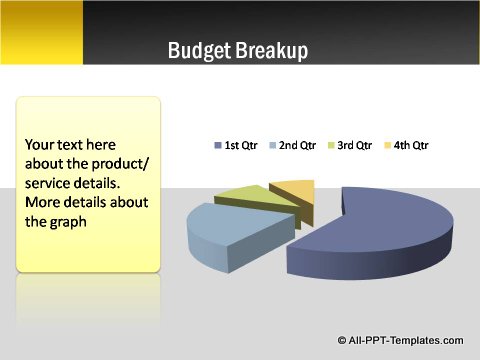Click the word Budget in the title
click(200, 51)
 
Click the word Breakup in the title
click(271, 51)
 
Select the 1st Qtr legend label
click(244, 146)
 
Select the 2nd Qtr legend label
click(297, 146)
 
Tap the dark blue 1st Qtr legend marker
click(218, 146)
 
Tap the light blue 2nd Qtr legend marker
click(271, 146)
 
